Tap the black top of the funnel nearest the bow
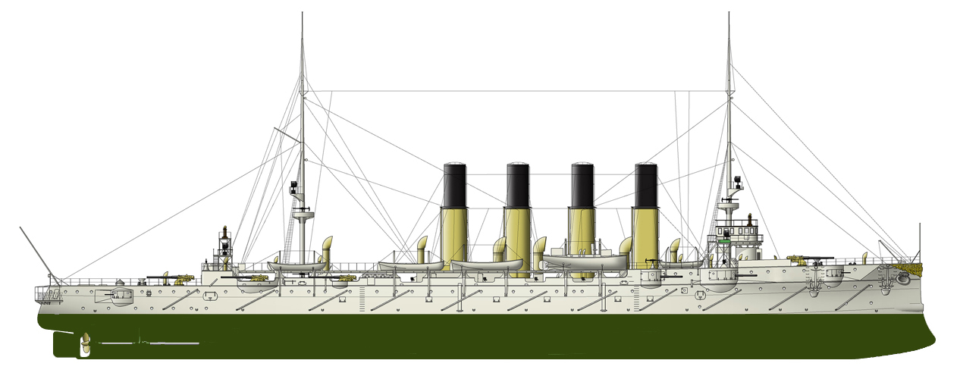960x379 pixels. (646, 186)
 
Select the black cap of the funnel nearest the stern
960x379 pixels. (454, 186)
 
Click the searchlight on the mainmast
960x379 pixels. (293, 185)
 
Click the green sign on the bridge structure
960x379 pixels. (726, 240)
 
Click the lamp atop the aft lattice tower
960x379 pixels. (224, 230)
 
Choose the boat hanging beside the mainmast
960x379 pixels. (296, 266)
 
